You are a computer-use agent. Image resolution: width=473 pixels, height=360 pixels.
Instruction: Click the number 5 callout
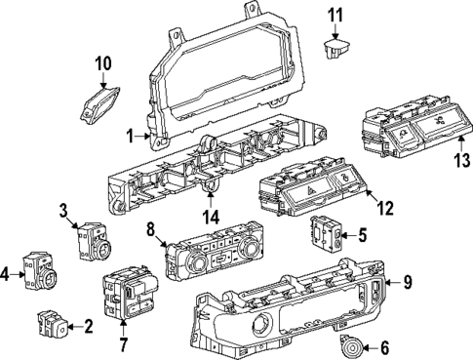pos(363,234)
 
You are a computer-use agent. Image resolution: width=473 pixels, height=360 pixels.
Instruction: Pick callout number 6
pos(383,346)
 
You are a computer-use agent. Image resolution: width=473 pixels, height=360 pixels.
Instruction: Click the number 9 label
pos(408,284)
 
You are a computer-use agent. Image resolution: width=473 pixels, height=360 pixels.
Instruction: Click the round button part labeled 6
pos(349,344)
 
